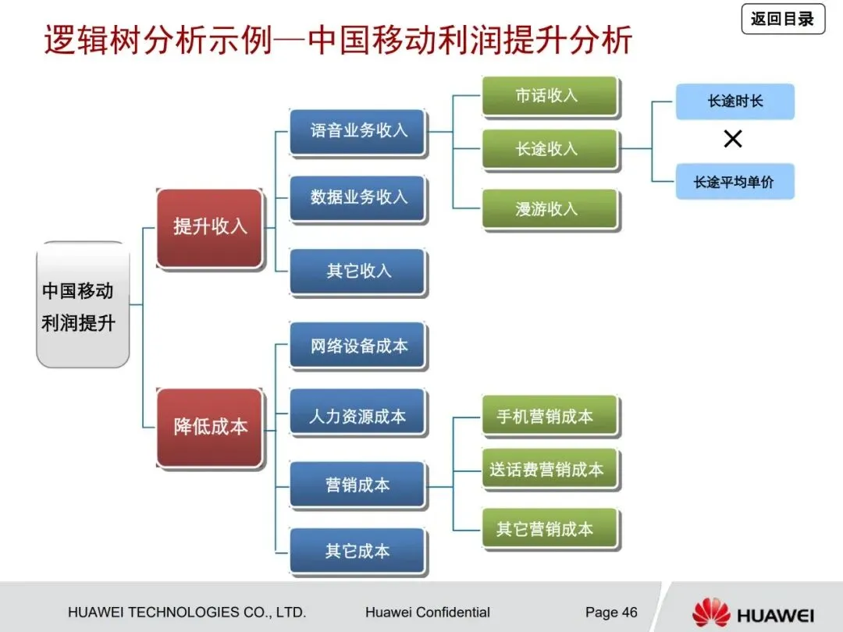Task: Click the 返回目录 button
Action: (783, 19)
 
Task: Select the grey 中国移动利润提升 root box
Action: (82, 305)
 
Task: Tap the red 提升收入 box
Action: (210, 228)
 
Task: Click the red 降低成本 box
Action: (210, 427)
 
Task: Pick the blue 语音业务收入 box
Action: (358, 131)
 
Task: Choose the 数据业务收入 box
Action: (358, 197)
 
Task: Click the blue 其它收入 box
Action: (358, 271)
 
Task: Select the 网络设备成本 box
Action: (358, 345)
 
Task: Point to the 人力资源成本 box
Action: (358, 416)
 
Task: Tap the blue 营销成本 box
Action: (358, 485)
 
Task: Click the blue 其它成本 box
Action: (358, 551)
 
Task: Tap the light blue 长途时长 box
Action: (735, 101)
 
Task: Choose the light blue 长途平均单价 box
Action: (735, 182)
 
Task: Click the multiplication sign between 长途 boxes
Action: (733, 140)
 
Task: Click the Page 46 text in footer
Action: (611, 612)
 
